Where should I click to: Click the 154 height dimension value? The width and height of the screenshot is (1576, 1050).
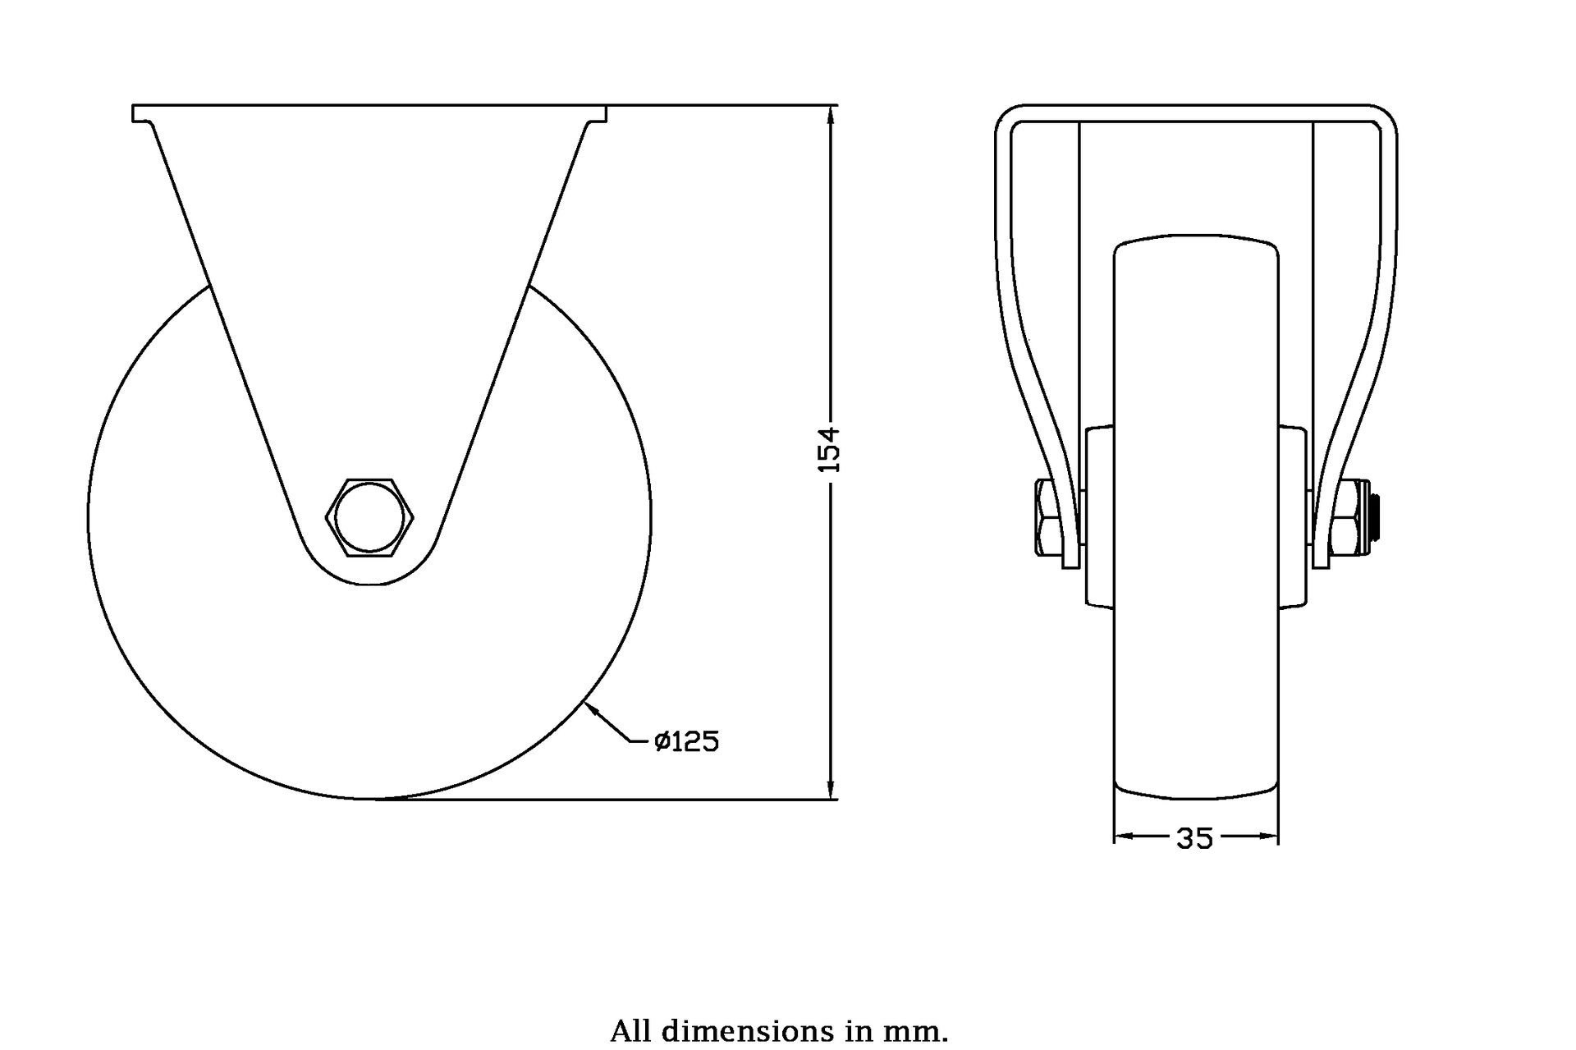coord(831,448)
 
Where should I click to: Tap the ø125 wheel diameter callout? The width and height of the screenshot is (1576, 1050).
coord(686,742)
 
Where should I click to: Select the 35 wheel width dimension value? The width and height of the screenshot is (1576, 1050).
coord(1194,838)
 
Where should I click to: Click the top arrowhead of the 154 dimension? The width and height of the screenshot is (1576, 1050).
coord(832,115)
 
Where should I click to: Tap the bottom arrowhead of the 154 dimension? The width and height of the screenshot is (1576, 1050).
coord(832,789)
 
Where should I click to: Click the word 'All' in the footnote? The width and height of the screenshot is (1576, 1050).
coord(630,1030)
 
